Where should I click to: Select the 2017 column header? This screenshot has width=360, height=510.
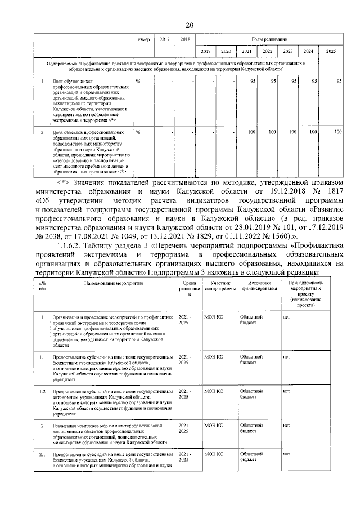pyautogui.click(x=164, y=39)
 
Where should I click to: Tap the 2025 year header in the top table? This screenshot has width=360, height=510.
pyautogui.click(x=331, y=51)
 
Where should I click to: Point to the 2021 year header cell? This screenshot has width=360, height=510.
pyautogui.click(x=246, y=51)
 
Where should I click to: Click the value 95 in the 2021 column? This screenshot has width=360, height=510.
pyautogui.click(x=253, y=82)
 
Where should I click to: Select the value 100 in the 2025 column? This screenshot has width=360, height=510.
pyautogui.click(x=337, y=132)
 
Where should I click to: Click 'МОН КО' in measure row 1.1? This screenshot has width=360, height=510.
pyautogui.click(x=214, y=357)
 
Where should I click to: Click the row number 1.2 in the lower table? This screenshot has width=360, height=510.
pyautogui.click(x=42, y=391)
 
